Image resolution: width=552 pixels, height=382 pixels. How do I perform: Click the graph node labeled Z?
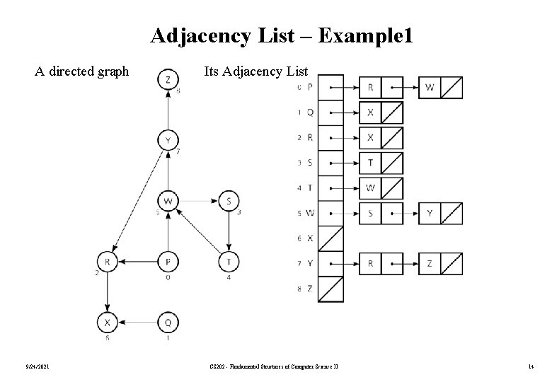coord(168,80)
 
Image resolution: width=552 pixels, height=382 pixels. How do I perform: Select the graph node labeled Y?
coord(168,141)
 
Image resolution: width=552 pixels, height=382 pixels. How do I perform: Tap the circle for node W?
coord(168,202)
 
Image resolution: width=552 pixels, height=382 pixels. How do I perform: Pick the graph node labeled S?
coord(229,202)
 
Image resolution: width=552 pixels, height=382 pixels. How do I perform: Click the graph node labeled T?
coord(229,262)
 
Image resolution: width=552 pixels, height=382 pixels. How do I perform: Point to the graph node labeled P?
coord(168,262)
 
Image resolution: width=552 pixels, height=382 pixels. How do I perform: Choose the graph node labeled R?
coord(107,262)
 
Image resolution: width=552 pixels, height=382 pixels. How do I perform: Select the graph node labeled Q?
coord(168,323)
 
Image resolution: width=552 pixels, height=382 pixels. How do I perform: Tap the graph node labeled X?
coord(107,323)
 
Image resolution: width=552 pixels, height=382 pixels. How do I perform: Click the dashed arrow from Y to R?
coord(137,202)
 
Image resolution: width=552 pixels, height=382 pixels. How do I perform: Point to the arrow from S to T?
coord(229,232)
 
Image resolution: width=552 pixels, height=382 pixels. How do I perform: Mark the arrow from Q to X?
coord(137,323)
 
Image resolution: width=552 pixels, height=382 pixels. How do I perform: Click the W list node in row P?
coord(430,88)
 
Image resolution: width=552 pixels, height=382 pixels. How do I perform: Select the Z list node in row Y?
coord(430,264)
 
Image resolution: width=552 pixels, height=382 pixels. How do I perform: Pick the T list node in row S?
coord(371,163)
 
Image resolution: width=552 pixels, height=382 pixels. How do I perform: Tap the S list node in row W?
coord(371,213)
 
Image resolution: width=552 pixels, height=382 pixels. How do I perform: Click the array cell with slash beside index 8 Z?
coord(331,289)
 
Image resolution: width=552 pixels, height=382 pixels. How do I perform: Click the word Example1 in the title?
coord(365,35)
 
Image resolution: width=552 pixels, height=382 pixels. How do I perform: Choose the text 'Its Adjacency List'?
coord(255,71)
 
